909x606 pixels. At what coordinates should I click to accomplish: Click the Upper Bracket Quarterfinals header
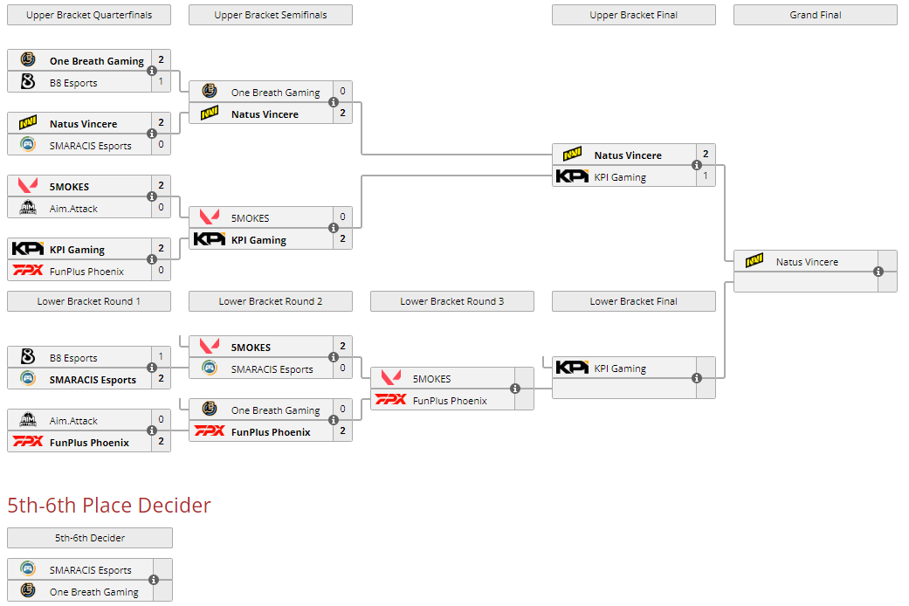pyautogui.click(x=89, y=15)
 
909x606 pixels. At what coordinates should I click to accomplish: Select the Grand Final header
pyautogui.click(x=815, y=15)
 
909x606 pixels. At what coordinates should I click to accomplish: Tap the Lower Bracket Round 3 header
pyautogui.click(x=451, y=301)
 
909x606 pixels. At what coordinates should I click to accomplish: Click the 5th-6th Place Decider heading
pyautogui.click(x=109, y=505)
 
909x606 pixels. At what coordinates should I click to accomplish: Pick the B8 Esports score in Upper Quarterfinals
pyautogui.click(x=161, y=82)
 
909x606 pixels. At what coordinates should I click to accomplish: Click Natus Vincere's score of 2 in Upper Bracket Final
pyautogui.click(x=705, y=155)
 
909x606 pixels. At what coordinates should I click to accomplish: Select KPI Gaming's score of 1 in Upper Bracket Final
pyautogui.click(x=705, y=176)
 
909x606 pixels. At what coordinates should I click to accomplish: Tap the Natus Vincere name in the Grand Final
pyautogui.click(x=807, y=261)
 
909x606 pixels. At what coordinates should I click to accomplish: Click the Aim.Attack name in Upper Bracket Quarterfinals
pyautogui.click(x=73, y=208)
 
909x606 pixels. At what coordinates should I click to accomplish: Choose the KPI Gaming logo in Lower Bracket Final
pyautogui.click(x=572, y=368)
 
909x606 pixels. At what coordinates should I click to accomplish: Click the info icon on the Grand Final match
pyautogui.click(x=878, y=272)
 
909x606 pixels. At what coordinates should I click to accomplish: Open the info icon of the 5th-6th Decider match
pyautogui.click(x=154, y=580)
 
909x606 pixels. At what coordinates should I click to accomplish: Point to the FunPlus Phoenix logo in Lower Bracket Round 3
pyautogui.click(x=390, y=400)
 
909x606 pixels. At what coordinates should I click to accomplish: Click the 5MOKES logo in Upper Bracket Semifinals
pyautogui.click(x=209, y=217)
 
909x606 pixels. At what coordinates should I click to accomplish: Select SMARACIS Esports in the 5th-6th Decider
pyautogui.click(x=90, y=569)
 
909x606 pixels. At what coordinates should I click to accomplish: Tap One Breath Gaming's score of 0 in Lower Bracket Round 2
pyautogui.click(x=342, y=410)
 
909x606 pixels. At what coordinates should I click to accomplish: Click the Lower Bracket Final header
pyautogui.click(x=633, y=301)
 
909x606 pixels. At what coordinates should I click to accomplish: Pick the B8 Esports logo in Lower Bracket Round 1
pyautogui.click(x=27, y=357)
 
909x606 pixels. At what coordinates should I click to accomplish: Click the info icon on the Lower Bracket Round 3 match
pyautogui.click(x=515, y=389)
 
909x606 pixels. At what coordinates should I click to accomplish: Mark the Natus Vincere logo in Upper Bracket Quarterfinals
pyautogui.click(x=27, y=123)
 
